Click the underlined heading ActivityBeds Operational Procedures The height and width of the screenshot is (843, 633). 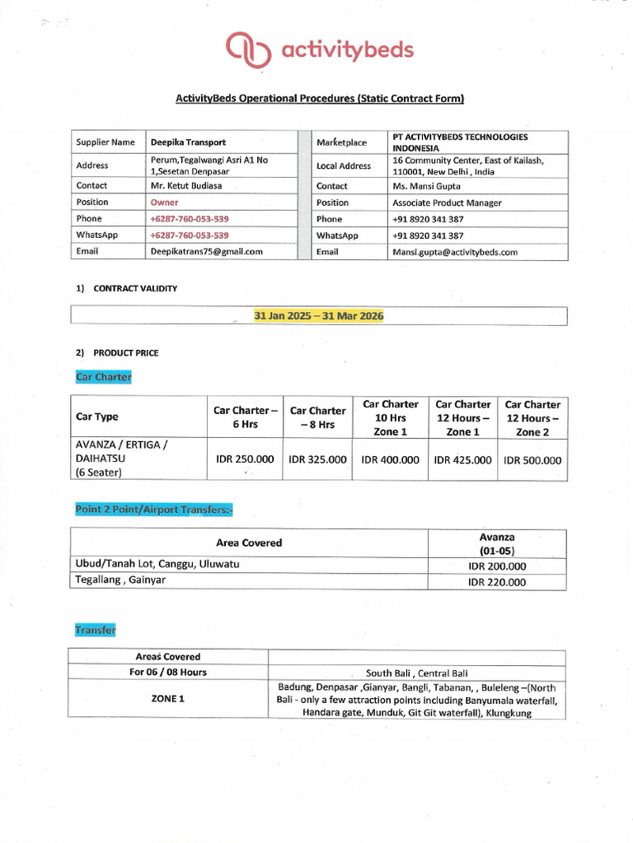click(x=320, y=99)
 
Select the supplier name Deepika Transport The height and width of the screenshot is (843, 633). click(x=188, y=142)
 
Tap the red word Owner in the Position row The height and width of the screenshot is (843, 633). click(x=164, y=203)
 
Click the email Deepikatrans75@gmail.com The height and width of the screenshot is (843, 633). click(x=206, y=252)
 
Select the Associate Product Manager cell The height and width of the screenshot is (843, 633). click(x=447, y=203)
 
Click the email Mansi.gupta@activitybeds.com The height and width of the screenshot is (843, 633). click(x=455, y=252)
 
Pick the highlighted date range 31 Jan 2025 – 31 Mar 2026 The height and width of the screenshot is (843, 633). click(x=319, y=316)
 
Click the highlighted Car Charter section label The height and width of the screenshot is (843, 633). click(x=103, y=377)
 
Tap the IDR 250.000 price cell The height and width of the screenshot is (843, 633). click(x=245, y=459)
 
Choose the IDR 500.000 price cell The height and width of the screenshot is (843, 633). click(x=532, y=460)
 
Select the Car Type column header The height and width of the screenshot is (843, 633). click(x=96, y=417)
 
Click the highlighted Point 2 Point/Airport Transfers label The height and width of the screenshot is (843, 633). click(x=154, y=510)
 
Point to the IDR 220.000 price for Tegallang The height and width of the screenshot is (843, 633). click(x=497, y=582)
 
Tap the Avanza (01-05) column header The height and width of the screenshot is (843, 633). click(x=497, y=543)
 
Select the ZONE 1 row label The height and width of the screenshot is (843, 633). click(x=167, y=699)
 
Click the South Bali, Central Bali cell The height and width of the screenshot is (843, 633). click(x=417, y=673)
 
